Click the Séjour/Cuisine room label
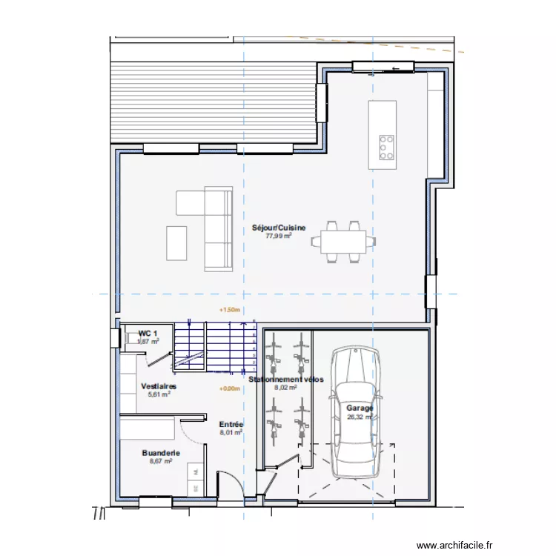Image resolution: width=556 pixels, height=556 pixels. click(x=279, y=228)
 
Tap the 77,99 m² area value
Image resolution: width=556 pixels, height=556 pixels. click(x=279, y=236)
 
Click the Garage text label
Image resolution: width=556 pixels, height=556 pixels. click(x=360, y=408)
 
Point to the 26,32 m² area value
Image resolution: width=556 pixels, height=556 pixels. click(x=361, y=417)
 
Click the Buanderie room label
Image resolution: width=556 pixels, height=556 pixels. click(x=160, y=452)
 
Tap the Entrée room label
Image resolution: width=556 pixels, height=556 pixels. click(x=231, y=424)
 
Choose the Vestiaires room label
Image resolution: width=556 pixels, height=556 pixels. click(x=159, y=386)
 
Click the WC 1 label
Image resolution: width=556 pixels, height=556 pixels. click(x=148, y=334)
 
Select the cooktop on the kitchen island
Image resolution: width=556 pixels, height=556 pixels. click(x=387, y=148)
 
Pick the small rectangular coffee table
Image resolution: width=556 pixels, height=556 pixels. click(x=177, y=243)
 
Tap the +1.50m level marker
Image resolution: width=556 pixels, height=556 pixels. click(x=231, y=311)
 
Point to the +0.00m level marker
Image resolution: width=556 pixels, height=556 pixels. click(x=231, y=388)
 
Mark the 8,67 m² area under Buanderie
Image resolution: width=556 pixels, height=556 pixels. click(x=160, y=460)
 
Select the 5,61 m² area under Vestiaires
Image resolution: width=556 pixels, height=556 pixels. click(x=159, y=395)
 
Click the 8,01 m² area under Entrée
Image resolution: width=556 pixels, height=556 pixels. click(x=231, y=432)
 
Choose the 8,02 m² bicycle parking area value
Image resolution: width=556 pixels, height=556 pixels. click(x=285, y=387)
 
